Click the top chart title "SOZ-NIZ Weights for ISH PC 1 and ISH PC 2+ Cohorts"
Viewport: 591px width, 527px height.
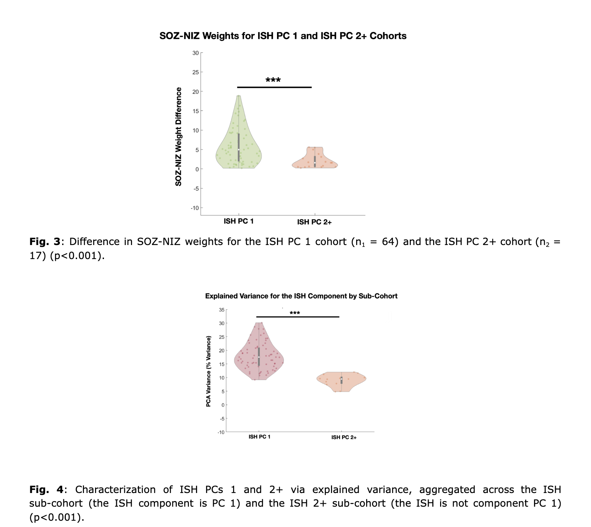point(283,36)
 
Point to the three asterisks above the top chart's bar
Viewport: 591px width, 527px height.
point(273,80)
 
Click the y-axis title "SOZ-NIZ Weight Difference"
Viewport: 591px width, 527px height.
point(179,136)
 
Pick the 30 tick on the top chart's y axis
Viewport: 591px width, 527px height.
point(195,53)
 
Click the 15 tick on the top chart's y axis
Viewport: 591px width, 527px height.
point(195,111)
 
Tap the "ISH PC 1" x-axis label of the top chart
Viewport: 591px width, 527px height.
point(239,221)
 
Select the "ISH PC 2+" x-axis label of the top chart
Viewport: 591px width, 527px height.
point(314,222)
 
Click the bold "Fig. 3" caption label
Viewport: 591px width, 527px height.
point(44,242)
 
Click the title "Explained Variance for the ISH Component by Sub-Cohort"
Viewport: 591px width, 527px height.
point(301,296)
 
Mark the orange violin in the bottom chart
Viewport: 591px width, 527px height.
point(341,380)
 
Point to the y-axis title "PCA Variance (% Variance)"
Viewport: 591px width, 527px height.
point(208,371)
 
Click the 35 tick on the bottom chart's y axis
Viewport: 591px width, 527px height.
point(222,310)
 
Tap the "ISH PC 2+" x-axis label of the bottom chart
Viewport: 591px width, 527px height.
point(344,437)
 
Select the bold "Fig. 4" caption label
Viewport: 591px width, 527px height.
point(47,490)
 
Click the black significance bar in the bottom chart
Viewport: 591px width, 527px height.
point(298,317)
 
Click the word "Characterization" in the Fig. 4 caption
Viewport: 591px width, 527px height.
point(115,490)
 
